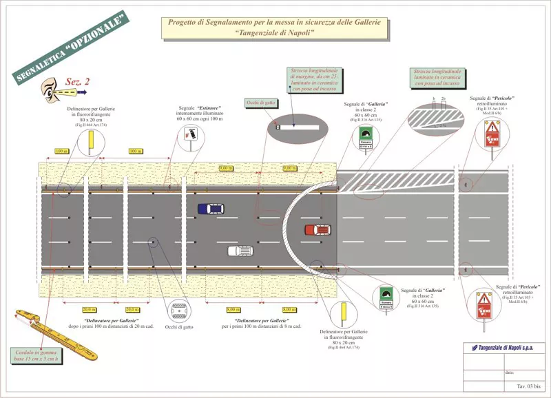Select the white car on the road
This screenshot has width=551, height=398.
point(239,251)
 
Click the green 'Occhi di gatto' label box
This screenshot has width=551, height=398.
point(261,103)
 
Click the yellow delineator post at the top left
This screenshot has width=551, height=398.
point(89,143)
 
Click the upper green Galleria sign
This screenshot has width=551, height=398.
point(365,137)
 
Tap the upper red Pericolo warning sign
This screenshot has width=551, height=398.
point(492,134)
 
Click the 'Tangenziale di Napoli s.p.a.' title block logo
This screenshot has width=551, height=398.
point(503,346)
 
